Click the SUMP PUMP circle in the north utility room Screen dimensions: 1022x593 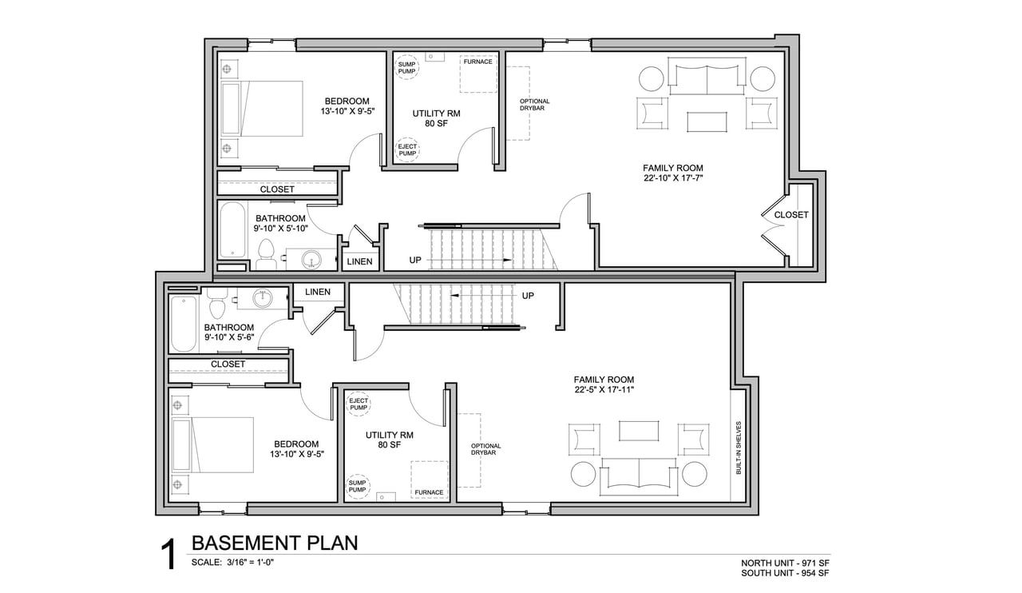pos(406,68)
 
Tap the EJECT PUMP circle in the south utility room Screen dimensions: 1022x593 pos(358,404)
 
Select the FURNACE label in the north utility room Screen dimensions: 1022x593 pos(477,62)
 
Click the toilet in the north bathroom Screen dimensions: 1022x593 pos(266,254)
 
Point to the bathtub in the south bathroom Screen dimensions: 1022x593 pos(184,324)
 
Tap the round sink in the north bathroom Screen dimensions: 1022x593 pos(312,260)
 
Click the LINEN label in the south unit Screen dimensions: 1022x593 pos(318,292)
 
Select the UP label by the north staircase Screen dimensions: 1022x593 pos(415,260)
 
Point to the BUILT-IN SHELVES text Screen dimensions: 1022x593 pos(739,448)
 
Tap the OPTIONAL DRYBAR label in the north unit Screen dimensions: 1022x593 pos(534,105)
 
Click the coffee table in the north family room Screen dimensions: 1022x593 pos(707,122)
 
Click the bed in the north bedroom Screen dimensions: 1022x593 pos(262,109)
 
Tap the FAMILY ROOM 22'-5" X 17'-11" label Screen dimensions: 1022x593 pos(604,384)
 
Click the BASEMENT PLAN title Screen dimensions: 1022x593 pos(275,543)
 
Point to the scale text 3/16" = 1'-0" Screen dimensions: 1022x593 pos(250,563)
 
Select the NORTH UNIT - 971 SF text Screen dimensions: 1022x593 pos(785,563)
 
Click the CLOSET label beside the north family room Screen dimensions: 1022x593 pos(790,215)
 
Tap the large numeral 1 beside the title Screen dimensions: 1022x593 pos(168,555)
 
